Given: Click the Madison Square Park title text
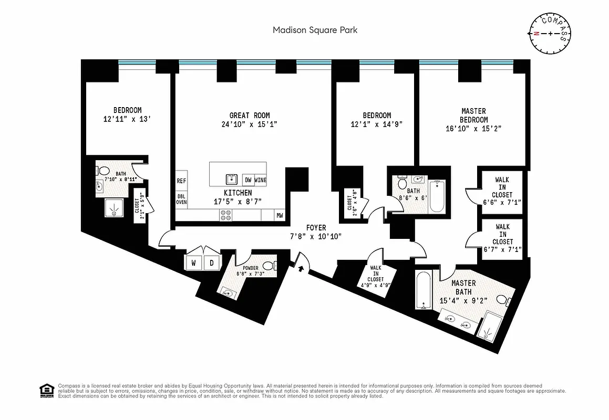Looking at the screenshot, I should [x=315, y=30].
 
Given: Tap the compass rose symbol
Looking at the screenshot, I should [x=550, y=33].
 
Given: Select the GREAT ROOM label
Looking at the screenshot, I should [x=250, y=115].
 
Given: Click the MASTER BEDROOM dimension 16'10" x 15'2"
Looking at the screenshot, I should [x=470, y=128].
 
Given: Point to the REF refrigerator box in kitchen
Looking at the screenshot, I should [x=181, y=180].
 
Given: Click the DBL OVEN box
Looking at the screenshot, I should [x=181, y=198].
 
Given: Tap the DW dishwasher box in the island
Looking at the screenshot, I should [x=248, y=180].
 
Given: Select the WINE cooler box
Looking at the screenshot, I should [x=261, y=180].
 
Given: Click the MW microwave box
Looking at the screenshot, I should [x=279, y=215].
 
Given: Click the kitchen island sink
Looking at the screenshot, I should [x=232, y=179].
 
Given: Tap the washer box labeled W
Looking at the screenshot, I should [x=193, y=262].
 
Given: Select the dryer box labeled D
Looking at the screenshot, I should [x=212, y=262].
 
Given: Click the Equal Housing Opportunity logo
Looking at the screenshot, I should [x=46, y=390].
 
